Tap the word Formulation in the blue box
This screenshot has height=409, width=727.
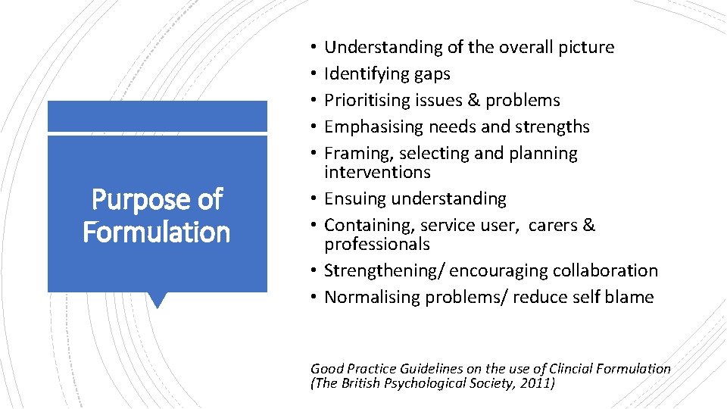[157, 232]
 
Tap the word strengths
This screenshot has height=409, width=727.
[554, 126]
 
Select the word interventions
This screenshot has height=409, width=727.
[377, 172]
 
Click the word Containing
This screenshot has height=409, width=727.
[367, 225]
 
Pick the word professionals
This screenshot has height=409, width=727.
[377, 244]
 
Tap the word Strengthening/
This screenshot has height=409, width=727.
[382, 270]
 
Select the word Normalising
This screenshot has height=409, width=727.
[372, 297]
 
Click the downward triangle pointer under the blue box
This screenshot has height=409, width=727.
[158, 300]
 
